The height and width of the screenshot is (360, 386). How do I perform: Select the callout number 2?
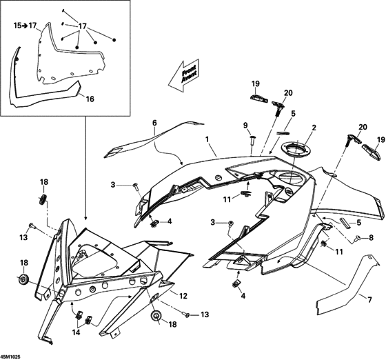[x=314, y=128]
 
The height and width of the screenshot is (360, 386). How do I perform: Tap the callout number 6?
[x=154, y=123]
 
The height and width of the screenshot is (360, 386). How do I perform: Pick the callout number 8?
[x=370, y=238]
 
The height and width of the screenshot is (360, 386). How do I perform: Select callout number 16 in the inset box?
[x=89, y=99]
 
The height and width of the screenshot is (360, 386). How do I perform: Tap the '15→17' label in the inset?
[x=25, y=25]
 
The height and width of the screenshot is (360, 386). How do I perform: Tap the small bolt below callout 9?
[x=253, y=141]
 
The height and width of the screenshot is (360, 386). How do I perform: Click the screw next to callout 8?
[x=358, y=239]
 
